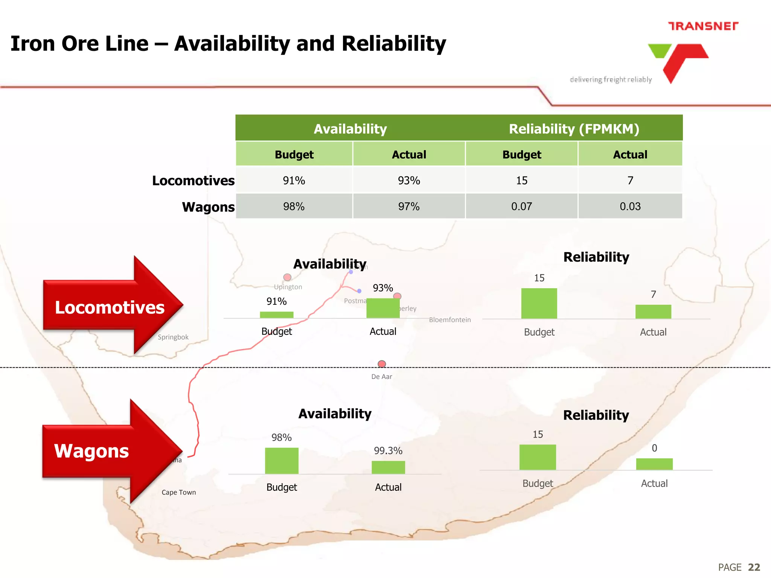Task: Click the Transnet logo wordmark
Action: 703,26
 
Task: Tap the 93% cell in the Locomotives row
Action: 409,181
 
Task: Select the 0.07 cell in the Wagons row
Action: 521,206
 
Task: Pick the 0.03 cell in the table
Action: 630,206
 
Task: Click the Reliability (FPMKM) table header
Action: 574,129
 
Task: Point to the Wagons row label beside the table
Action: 208,207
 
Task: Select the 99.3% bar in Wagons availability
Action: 388,467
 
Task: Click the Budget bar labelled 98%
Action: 282,461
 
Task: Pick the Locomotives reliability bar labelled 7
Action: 653,312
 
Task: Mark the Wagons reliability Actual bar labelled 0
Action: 654,464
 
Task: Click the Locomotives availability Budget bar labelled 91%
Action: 277,315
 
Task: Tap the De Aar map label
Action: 381,377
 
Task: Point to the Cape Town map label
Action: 179,492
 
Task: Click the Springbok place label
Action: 173,337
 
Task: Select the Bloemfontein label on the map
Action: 450,320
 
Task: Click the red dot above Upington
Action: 287,277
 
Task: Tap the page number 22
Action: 754,567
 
